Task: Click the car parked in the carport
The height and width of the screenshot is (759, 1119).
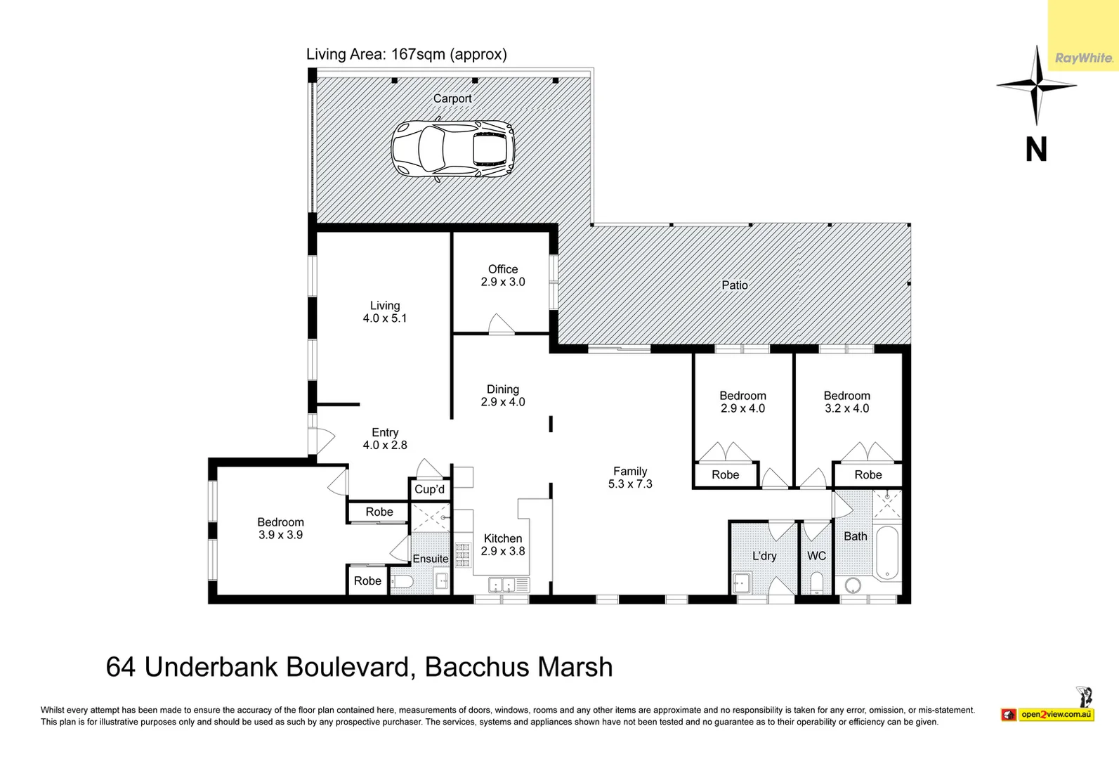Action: pyautogui.click(x=453, y=149)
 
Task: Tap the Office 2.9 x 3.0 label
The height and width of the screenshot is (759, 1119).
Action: pyautogui.click(x=503, y=275)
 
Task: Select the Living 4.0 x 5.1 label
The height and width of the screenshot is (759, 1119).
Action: pyautogui.click(x=385, y=312)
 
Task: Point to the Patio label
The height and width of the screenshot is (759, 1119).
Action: pyautogui.click(x=735, y=285)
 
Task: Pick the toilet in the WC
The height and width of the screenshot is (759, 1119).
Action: pyautogui.click(x=816, y=583)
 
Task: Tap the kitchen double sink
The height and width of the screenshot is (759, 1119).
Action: pyautogui.click(x=502, y=584)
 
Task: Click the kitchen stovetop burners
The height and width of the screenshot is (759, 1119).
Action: pyautogui.click(x=462, y=554)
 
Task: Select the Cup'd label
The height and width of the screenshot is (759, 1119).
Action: pyautogui.click(x=429, y=489)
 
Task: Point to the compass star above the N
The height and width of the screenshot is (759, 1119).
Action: pyautogui.click(x=1036, y=86)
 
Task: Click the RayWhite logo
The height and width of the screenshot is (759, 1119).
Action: pyautogui.click(x=1083, y=58)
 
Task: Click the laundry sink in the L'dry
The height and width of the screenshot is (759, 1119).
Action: pyautogui.click(x=740, y=583)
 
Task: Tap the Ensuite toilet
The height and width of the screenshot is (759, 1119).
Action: pyautogui.click(x=403, y=582)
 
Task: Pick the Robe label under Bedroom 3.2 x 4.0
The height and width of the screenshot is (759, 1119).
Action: pyautogui.click(x=868, y=475)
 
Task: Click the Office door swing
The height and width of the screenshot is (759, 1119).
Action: pyautogui.click(x=501, y=325)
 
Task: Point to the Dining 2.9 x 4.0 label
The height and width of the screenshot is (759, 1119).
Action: pyautogui.click(x=503, y=396)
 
